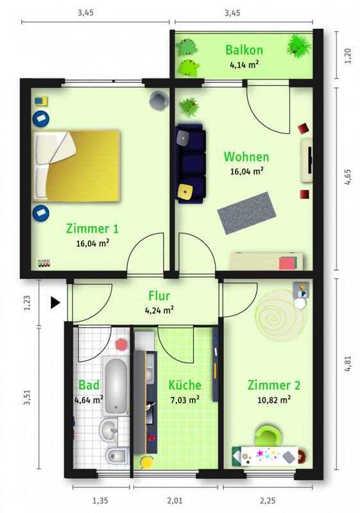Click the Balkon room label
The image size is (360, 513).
pos(244,50)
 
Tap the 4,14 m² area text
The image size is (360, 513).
pos(244,65)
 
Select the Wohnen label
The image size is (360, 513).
pos(246,156)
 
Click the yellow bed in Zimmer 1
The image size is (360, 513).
pos(76,165)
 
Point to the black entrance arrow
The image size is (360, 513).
pos(55,303)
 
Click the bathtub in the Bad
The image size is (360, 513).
pos(116,385)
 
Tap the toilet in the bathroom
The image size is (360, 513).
pos(117,455)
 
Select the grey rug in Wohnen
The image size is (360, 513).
pos(246,213)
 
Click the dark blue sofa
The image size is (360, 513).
pos(190,164)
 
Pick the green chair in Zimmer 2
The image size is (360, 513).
pos(268,436)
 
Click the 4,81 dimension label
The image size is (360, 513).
pos(348,364)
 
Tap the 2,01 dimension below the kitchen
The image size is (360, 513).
pos(175,501)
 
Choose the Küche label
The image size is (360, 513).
pos(185,385)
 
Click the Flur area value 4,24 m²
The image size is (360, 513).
pos(159,310)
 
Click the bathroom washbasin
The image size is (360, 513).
pos(108,430)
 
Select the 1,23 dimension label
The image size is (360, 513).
pos(27,303)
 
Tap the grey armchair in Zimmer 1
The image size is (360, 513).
pos(159,101)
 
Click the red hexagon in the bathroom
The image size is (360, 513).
pos(122,345)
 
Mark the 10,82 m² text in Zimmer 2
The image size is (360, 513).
pos(274,399)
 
